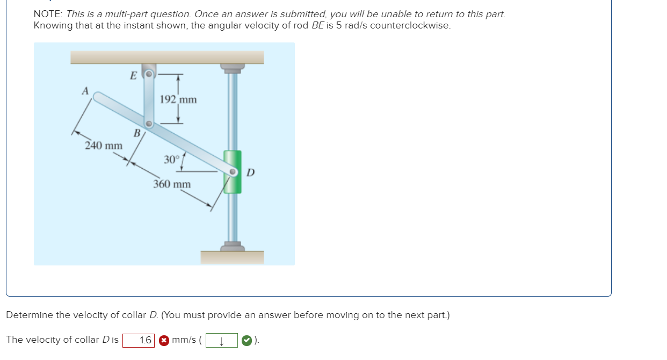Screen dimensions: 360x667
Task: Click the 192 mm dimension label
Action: pos(178,99)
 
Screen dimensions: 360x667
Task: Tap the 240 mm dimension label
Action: pos(104,146)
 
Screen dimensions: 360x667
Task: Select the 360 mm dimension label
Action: pos(172,184)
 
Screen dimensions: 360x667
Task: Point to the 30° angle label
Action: pos(171,160)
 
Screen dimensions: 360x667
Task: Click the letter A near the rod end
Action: pos(85,91)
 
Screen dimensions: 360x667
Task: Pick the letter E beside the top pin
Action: pos(133,75)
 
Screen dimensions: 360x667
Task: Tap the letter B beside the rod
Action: pos(137,132)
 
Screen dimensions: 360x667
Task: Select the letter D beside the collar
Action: pos(250,172)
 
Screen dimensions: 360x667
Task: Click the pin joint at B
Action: pos(150,125)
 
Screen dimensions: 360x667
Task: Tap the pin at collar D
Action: pos(233,172)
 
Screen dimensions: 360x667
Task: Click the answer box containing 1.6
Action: pos(139,340)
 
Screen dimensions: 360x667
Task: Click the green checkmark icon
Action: pos(246,340)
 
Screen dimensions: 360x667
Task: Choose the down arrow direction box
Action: pos(221,340)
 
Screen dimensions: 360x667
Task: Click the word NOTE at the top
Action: pos(47,15)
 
